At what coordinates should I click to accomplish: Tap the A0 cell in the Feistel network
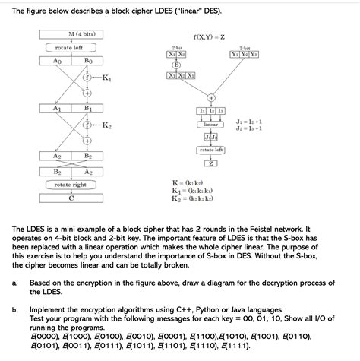pyautogui.click(x=58, y=59)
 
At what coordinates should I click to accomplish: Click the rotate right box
pyautogui.click(x=70, y=184)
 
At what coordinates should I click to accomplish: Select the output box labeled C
pyautogui.click(x=70, y=196)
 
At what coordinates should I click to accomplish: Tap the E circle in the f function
pyautogui.click(x=176, y=65)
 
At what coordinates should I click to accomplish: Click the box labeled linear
pyautogui.click(x=211, y=124)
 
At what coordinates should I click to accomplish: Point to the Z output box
pyautogui.click(x=211, y=163)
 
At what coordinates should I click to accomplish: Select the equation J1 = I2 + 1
pyautogui.click(x=249, y=121)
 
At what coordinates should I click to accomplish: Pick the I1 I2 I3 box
pyautogui.click(x=211, y=111)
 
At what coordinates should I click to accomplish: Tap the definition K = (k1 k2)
pyautogui.click(x=187, y=183)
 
